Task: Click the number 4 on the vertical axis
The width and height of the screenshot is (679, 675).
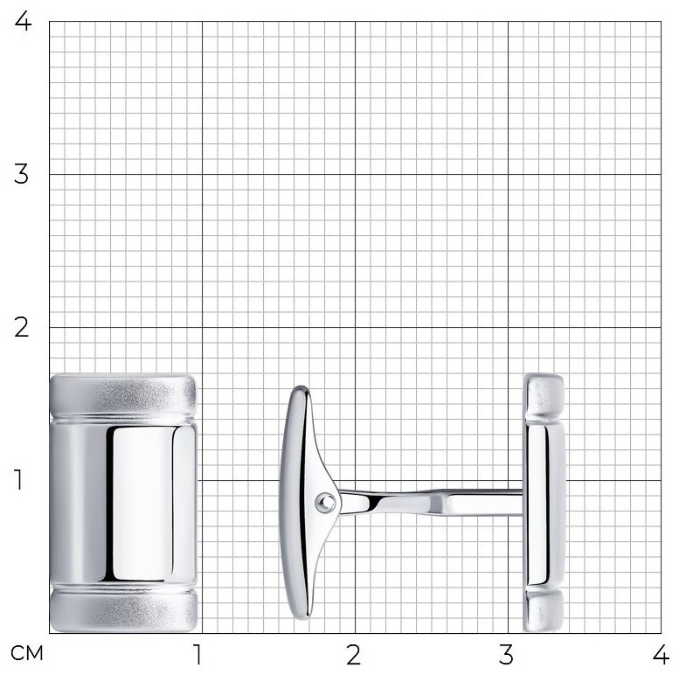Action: click(23, 21)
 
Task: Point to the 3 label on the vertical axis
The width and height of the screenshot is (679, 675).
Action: click(21, 174)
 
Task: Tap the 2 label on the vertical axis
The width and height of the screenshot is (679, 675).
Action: click(21, 327)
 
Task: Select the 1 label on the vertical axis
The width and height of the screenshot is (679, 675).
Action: click(18, 480)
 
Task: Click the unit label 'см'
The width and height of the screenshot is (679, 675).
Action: click(27, 653)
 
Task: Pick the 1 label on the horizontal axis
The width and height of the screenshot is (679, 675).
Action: click(197, 654)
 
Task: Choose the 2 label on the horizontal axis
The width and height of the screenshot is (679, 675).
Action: click(353, 654)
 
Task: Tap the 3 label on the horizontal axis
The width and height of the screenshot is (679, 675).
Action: click(506, 654)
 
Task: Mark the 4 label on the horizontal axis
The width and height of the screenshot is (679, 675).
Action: click(661, 654)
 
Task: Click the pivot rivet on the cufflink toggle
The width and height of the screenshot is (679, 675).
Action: click(325, 502)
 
